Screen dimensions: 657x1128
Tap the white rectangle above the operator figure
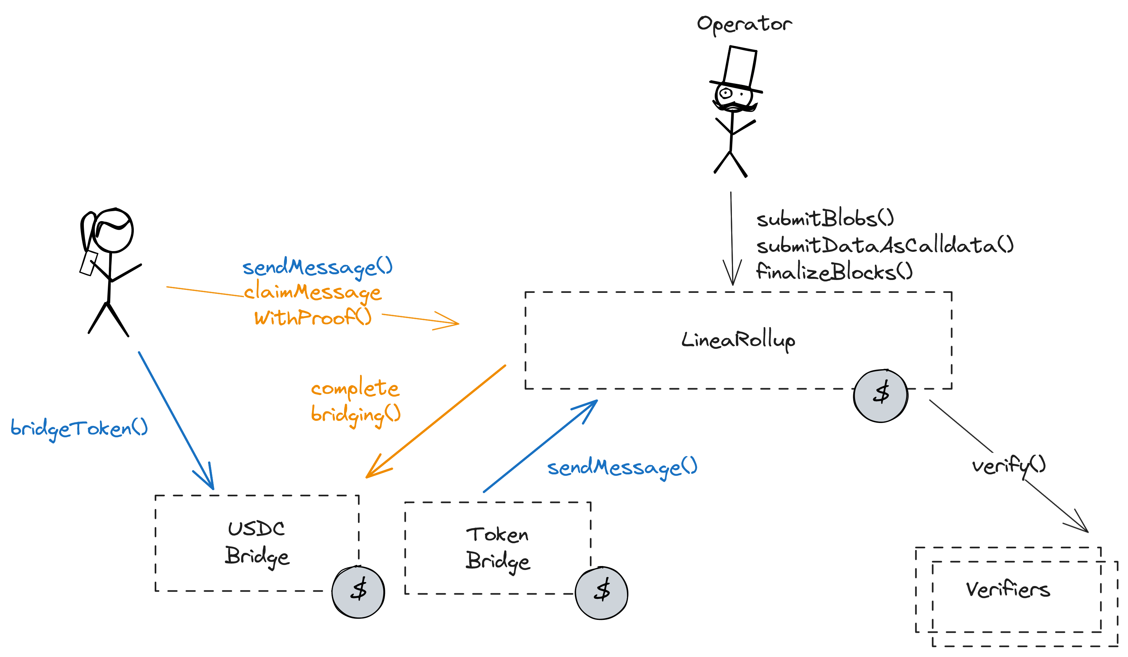[740, 67]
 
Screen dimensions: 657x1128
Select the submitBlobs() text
[825, 219]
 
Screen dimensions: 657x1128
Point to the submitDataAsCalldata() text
[885, 245]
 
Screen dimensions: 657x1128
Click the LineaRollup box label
[738, 340]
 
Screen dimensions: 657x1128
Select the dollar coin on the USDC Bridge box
[358, 592]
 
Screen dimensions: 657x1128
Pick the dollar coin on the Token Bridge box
[601, 592]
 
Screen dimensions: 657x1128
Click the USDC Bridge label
[257, 543]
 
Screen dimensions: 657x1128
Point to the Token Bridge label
[497, 548]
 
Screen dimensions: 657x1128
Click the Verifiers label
[1008, 590]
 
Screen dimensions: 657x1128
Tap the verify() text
[1008, 466]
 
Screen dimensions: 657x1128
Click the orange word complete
[354, 388]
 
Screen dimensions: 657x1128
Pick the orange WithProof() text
[313, 318]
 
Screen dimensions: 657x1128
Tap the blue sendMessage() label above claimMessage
[317, 267]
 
